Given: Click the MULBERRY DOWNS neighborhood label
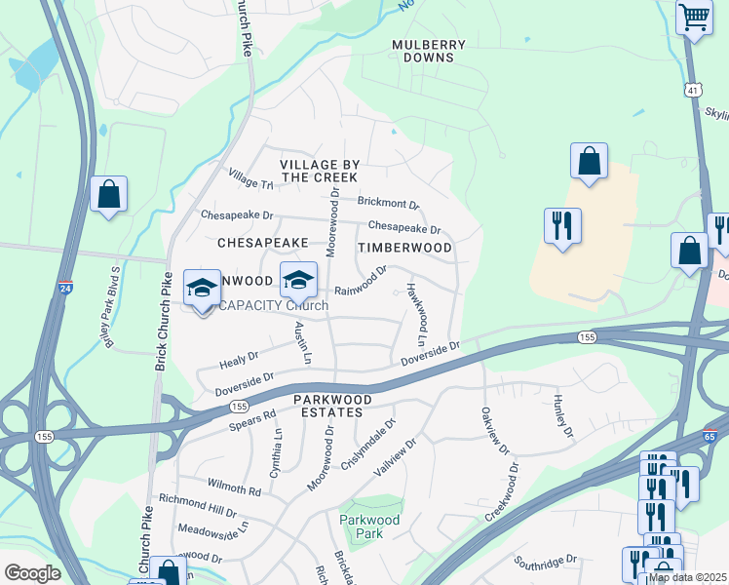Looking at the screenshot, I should [429, 52].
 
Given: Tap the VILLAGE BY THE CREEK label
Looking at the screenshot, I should [319, 172].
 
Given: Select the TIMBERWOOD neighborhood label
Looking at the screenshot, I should [404, 248].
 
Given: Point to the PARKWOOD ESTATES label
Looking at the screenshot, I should [333, 406].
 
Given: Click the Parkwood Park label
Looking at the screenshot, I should [370, 526].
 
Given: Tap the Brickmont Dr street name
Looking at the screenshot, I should [388, 204].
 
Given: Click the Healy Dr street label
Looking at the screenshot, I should [239, 358].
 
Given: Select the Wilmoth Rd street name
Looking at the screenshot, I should [234, 486].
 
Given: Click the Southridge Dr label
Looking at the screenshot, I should [547, 563].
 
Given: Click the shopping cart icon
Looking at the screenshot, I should [694, 17].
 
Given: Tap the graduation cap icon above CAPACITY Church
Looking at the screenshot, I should [298, 281].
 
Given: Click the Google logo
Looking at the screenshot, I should [33, 573].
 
